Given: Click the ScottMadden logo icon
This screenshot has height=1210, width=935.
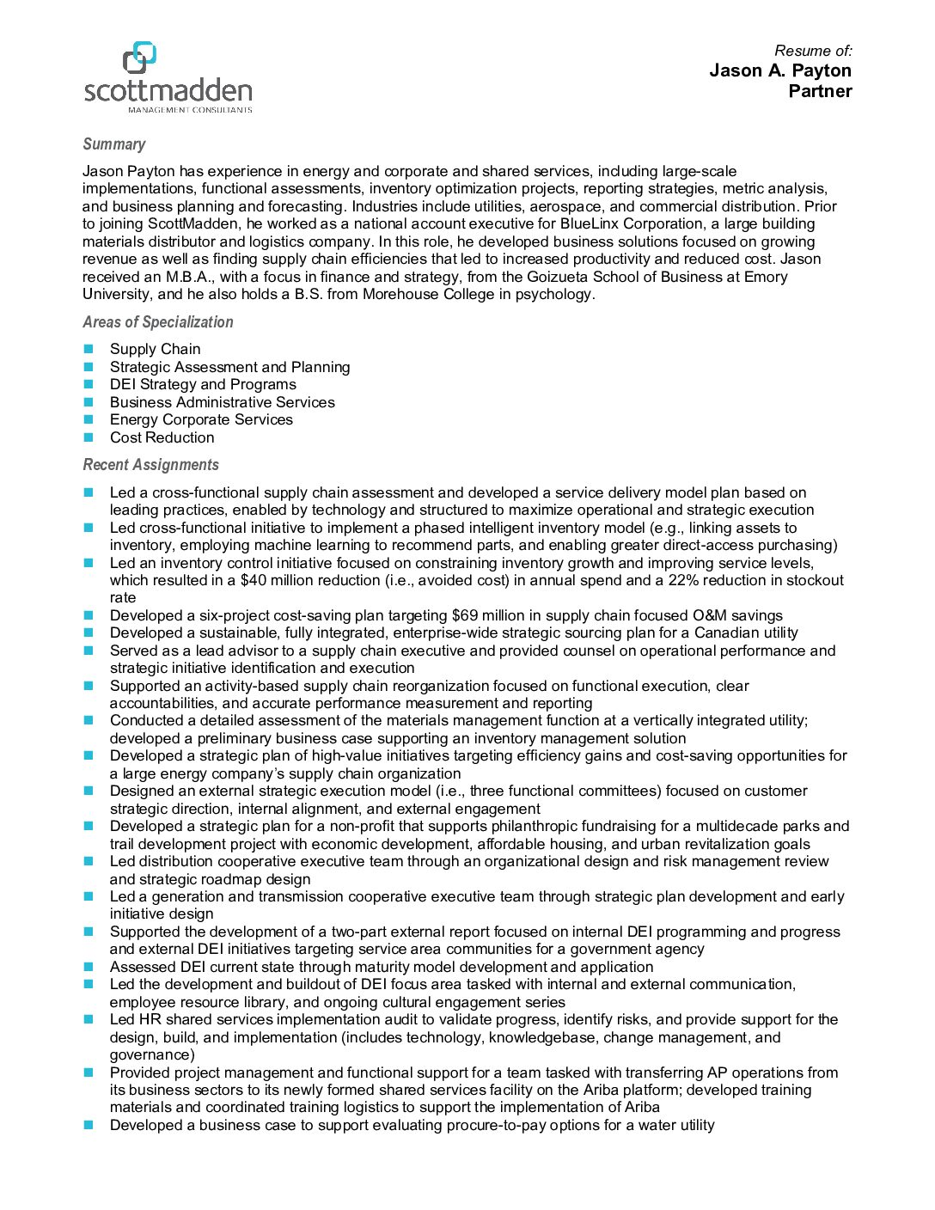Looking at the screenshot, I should (139, 58).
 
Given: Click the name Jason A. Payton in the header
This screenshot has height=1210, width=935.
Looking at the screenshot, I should (779, 70).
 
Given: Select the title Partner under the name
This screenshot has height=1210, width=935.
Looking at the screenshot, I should (820, 91).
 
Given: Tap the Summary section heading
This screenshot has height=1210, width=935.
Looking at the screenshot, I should (113, 144).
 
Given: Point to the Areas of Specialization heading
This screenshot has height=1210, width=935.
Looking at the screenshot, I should (157, 322).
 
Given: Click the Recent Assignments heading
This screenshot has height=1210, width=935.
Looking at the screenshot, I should (150, 465).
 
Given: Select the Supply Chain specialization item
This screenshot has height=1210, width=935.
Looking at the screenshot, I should (155, 349).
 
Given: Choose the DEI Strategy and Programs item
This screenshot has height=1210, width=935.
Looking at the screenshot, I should (203, 384).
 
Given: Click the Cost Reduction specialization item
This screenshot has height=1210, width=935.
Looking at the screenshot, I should (162, 437).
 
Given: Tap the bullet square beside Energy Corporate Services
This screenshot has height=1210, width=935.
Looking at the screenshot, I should (88, 419).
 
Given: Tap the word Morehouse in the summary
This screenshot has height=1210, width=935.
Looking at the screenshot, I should (400, 295).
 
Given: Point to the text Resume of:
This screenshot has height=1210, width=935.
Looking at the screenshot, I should (813, 51).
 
